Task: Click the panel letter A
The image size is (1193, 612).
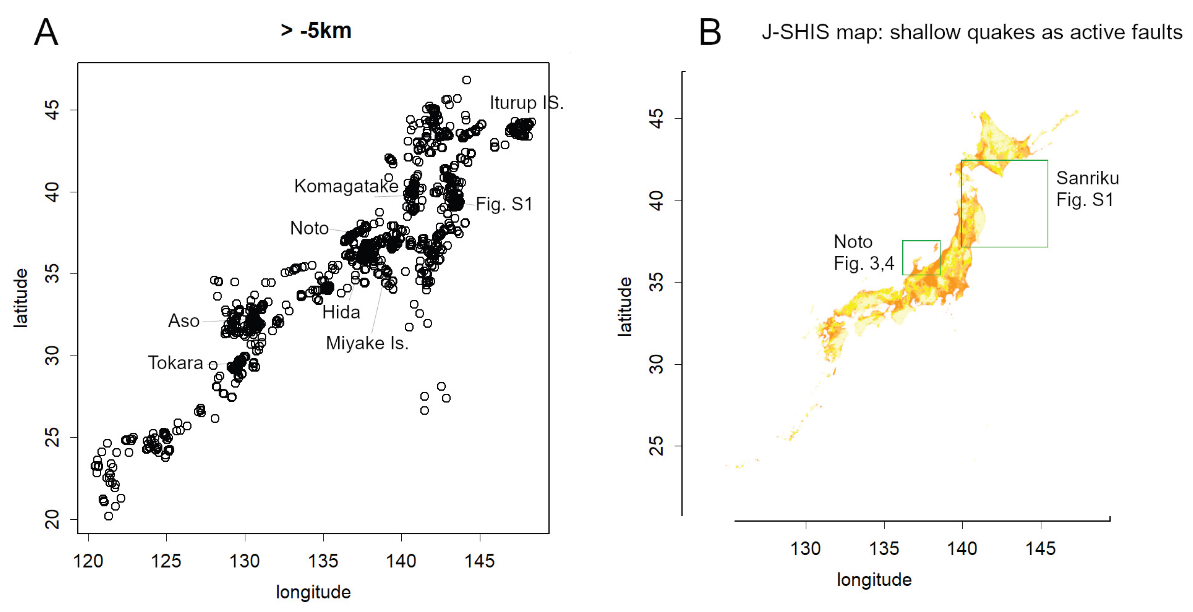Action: point(46,32)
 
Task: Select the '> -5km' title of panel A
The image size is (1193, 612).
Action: point(316,31)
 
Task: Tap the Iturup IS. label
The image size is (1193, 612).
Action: point(526,102)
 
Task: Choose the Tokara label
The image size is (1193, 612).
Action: point(175,362)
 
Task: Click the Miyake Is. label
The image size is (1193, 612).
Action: point(367,343)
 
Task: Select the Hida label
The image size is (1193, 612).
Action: point(341,312)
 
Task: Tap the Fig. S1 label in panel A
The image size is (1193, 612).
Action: point(504,204)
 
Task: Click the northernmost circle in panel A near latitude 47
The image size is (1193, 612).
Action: point(466,80)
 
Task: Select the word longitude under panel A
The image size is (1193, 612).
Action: point(313,592)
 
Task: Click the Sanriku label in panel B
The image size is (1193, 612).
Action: point(1087,178)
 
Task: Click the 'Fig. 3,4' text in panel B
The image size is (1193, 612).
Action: point(864,263)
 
